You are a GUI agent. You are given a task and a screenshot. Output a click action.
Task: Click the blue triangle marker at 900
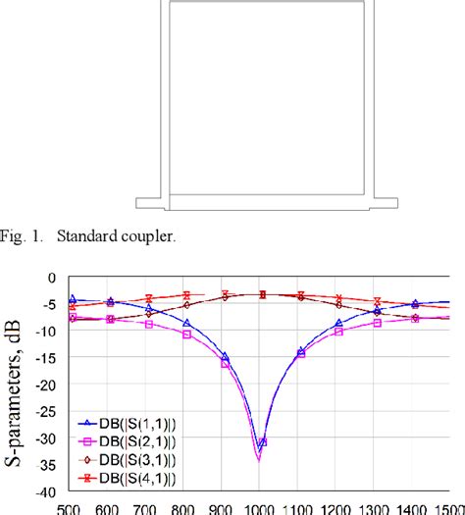pos(225,357)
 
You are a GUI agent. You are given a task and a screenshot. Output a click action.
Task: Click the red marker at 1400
pos(415,305)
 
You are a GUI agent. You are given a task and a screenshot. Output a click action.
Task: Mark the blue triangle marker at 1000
pos(262,442)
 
